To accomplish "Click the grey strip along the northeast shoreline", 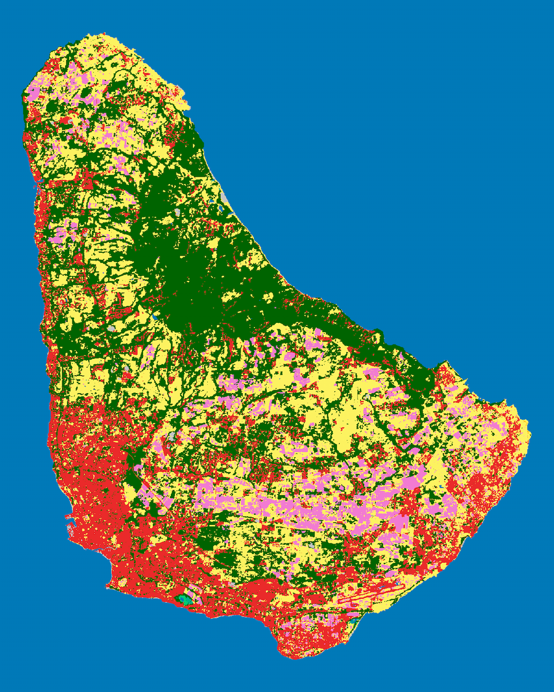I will (226, 197).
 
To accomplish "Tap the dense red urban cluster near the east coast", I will (480, 487).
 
